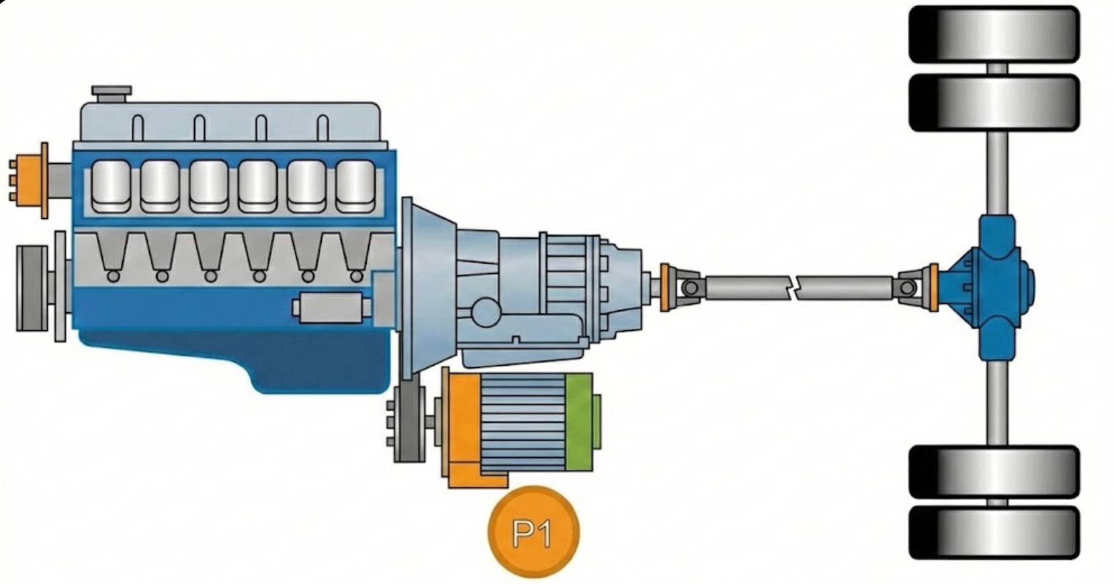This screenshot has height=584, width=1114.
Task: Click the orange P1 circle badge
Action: click(x=533, y=532)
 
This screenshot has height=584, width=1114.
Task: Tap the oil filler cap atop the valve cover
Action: click(x=112, y=94)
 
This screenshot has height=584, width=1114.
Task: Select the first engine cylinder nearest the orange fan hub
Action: click(x=111, y=186)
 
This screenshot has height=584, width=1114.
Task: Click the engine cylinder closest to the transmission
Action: click(x=355, y=186)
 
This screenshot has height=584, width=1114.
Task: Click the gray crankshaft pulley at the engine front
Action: click(x=32, y=288)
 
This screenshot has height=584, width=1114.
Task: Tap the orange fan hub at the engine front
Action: click(x=30, y=181)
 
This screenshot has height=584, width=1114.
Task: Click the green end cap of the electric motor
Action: click(x=583, y=422)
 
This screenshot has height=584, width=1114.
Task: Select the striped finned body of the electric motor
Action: click(x=523, y=422)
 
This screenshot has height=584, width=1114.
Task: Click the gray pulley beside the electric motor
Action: click(x=409, y=424)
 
